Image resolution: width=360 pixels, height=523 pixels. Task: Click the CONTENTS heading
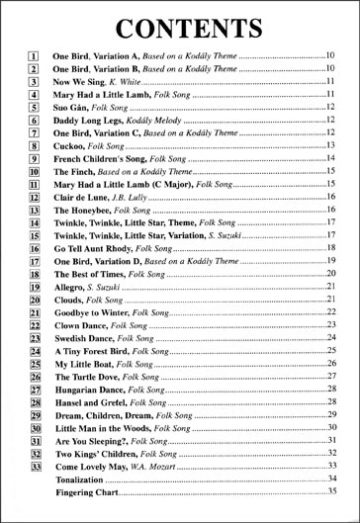[x=179, y=26]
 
